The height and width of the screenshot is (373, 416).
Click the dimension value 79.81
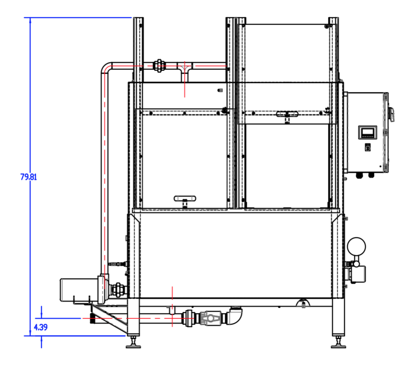28,177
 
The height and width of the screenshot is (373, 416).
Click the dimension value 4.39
41,327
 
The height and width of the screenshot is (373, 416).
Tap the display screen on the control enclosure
367,132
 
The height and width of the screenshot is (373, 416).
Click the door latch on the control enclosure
392,114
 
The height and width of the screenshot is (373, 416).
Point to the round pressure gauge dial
356,246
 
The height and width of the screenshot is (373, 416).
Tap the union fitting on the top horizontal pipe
160,65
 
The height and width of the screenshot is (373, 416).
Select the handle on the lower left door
184,198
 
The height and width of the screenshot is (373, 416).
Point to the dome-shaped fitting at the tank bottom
303,302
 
